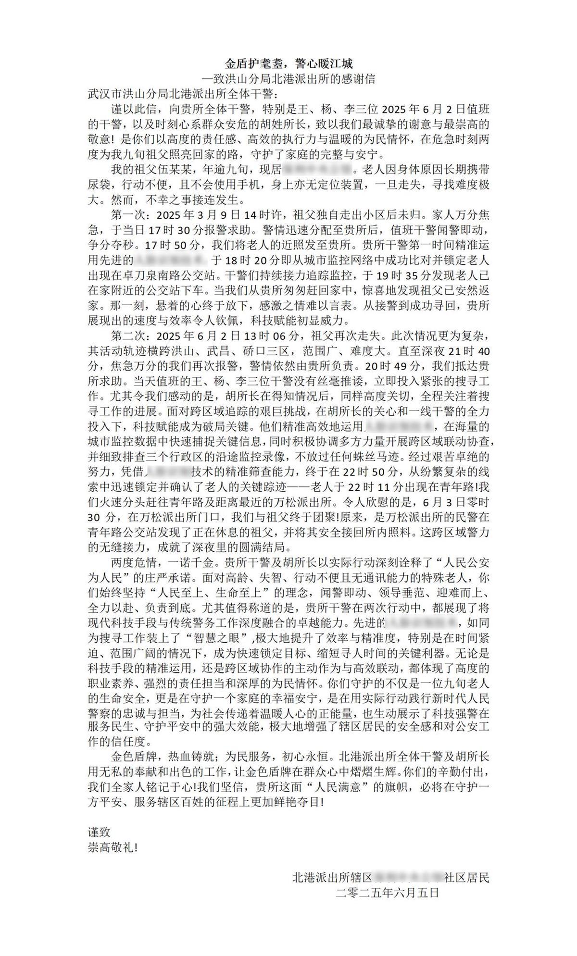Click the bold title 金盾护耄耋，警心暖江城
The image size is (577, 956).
289,63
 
